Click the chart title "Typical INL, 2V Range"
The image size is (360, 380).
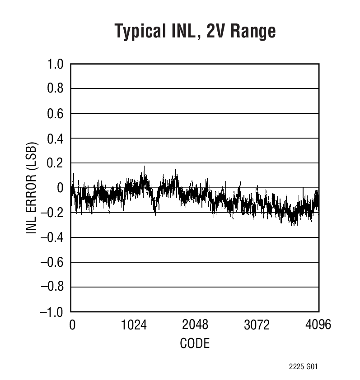195,32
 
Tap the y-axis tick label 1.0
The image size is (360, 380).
56,64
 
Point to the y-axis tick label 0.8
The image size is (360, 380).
56,89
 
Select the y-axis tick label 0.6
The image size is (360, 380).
56,114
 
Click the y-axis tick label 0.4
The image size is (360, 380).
56,139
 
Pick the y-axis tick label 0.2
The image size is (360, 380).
56,163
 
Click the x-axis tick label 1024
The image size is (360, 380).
134,325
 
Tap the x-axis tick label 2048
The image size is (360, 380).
195,325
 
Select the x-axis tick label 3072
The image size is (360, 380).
257,325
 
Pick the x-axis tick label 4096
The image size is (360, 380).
318,325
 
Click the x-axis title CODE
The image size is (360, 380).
195,344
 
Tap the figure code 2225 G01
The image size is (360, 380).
304,367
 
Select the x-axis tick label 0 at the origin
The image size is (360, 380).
72,325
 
